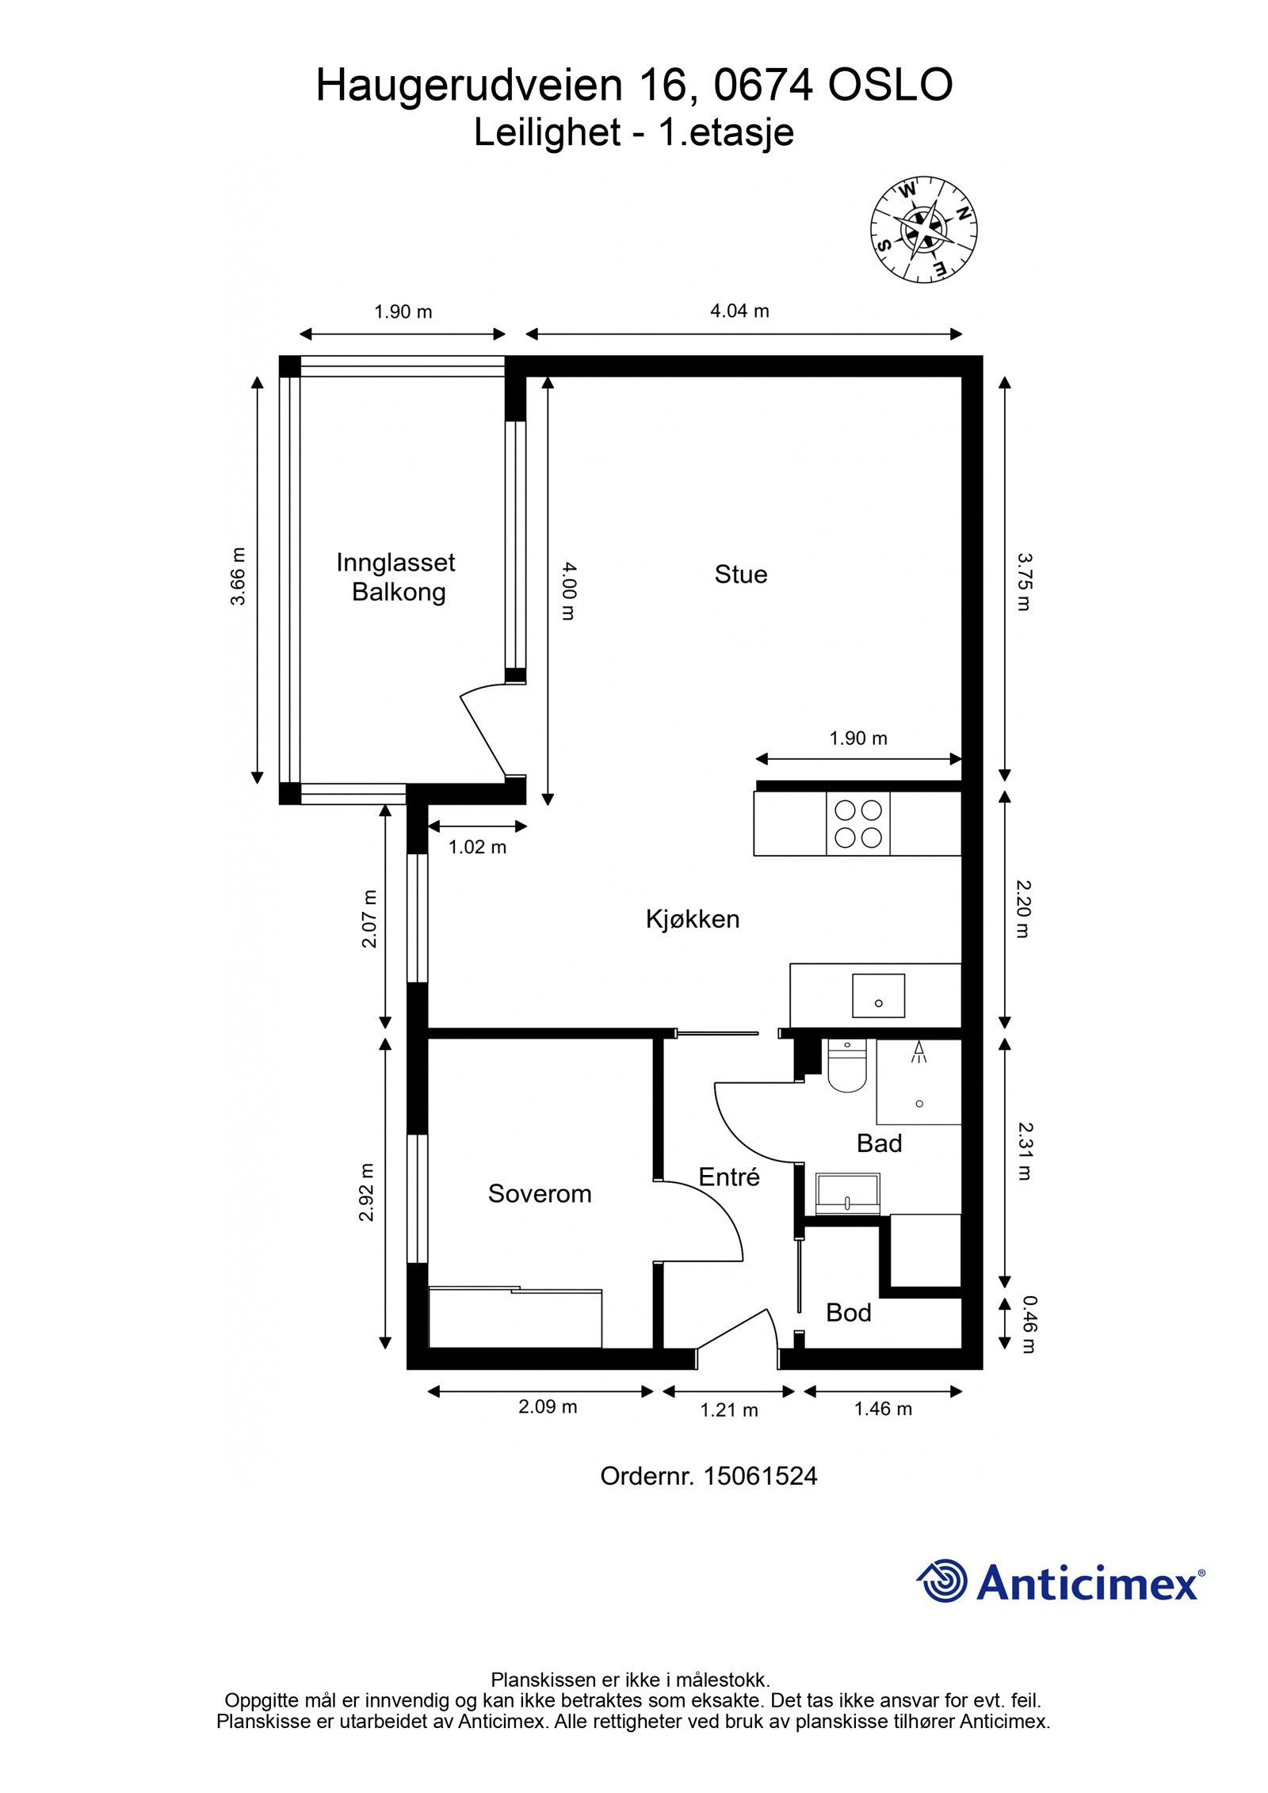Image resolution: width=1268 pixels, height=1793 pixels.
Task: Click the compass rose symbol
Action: [923, 229]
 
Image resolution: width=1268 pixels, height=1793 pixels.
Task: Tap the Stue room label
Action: [741, 574]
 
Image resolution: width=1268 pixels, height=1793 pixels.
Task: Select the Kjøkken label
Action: [693, 919]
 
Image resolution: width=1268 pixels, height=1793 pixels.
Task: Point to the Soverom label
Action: [540, 1194]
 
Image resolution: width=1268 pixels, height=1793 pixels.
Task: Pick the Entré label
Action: [729, 1177]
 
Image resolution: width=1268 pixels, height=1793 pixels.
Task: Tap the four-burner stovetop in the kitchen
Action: [858, 824]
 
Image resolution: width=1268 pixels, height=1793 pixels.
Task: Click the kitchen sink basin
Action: [879, 996]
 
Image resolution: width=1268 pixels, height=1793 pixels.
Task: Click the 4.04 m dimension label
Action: [739, 311]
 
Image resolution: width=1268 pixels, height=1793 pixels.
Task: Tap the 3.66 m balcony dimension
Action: [238, 576]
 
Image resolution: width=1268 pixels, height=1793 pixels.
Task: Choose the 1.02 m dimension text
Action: [477, 847]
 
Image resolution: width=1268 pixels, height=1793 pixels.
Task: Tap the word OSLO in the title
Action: [890, 86]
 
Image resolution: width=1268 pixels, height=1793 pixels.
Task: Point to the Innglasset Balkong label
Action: [396, 578]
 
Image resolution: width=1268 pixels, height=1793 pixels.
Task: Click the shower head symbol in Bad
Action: [919, 1051]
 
